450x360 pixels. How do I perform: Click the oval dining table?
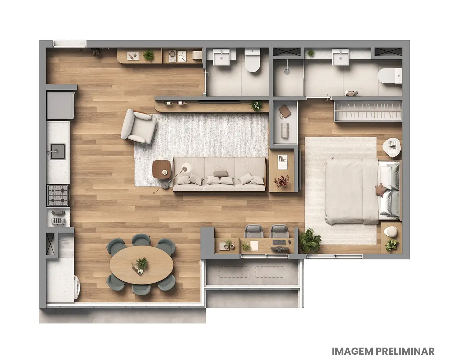[141, 265]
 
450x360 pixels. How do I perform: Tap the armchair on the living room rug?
[139, 127]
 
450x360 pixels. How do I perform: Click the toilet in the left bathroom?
[252, 62]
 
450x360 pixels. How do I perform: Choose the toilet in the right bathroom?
[389, 75]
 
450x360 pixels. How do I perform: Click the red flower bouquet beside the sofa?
[282, 181]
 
